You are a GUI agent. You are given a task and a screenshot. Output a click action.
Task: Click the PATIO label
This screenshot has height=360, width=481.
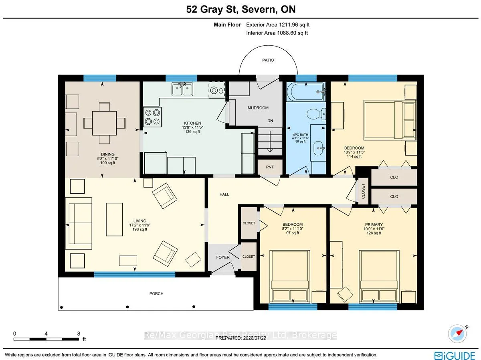tap(268, 60)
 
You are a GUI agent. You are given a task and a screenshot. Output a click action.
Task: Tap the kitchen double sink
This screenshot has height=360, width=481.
tap(182, 89)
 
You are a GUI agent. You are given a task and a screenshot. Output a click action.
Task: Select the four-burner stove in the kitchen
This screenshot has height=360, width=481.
tap(153, 117)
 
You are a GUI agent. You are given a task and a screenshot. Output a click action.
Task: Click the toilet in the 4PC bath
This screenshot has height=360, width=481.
tap(316, 114)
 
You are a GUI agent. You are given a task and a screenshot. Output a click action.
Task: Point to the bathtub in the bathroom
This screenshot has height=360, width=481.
tap(306, 92)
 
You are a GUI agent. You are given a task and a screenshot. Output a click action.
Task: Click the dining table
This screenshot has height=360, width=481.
tap(104, 123)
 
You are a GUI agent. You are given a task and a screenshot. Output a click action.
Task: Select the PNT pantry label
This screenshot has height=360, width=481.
tap(270, 167)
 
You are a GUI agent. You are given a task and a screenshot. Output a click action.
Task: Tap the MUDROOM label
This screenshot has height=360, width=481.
tap(258, 108)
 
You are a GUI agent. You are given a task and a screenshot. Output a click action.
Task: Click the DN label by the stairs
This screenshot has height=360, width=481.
tap(270, 121)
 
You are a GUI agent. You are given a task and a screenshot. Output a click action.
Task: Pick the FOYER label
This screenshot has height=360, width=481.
tap(223, 257)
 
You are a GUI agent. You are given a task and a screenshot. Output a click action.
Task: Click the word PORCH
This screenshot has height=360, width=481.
tap(156, 293)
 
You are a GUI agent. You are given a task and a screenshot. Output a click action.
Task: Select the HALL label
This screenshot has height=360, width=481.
tap(224, 194)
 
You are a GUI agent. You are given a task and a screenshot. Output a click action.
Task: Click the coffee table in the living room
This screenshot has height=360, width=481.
tap(114, 219)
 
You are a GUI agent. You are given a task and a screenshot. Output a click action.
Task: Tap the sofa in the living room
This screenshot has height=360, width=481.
tap(79, 223)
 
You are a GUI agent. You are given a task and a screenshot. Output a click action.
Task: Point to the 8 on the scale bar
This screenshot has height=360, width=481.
tap(79, 334)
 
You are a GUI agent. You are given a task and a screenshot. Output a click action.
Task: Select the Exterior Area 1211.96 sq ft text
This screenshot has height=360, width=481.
tap(278, 25)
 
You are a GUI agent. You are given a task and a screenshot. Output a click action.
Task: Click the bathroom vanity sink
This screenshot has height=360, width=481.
tap(319, 148)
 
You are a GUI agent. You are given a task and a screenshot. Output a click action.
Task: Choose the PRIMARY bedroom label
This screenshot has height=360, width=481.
tap(374, 224)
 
